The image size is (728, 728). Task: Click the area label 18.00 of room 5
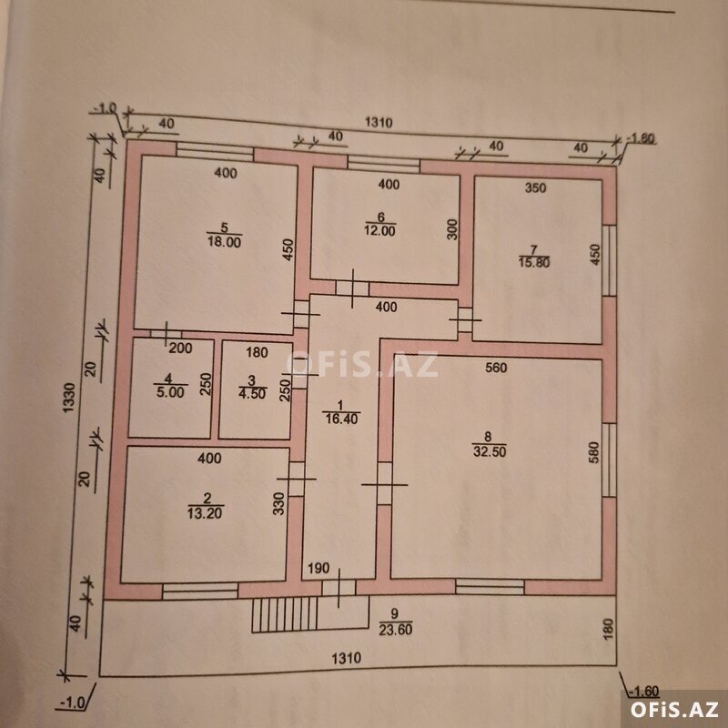(224, 242)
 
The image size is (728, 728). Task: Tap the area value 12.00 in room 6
(379, 230)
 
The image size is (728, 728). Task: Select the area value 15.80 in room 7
(534, 262)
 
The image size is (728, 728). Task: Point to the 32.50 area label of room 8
(490, 450)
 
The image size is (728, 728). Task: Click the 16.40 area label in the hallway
(341, 419)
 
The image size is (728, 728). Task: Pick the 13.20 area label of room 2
(206, 512)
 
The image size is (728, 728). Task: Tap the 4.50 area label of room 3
(252, 393)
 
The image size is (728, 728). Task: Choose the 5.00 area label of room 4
(170, 392)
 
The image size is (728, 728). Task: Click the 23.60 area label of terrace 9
(396, 629)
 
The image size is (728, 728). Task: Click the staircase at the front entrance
(285, 614)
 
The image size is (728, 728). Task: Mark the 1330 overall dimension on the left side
(69, 398)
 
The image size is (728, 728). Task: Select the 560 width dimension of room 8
(496, 368)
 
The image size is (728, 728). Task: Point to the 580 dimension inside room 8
(594, 451)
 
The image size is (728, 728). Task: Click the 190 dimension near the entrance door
(318, 568)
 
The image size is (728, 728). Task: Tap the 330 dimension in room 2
(278, 503)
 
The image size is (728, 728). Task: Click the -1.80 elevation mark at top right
(641, 138)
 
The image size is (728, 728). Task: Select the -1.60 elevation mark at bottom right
(645, 692)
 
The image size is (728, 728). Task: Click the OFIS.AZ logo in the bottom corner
(674, 710)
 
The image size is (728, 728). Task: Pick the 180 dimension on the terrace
(609, 629)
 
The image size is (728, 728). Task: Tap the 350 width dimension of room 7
(535, 188)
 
